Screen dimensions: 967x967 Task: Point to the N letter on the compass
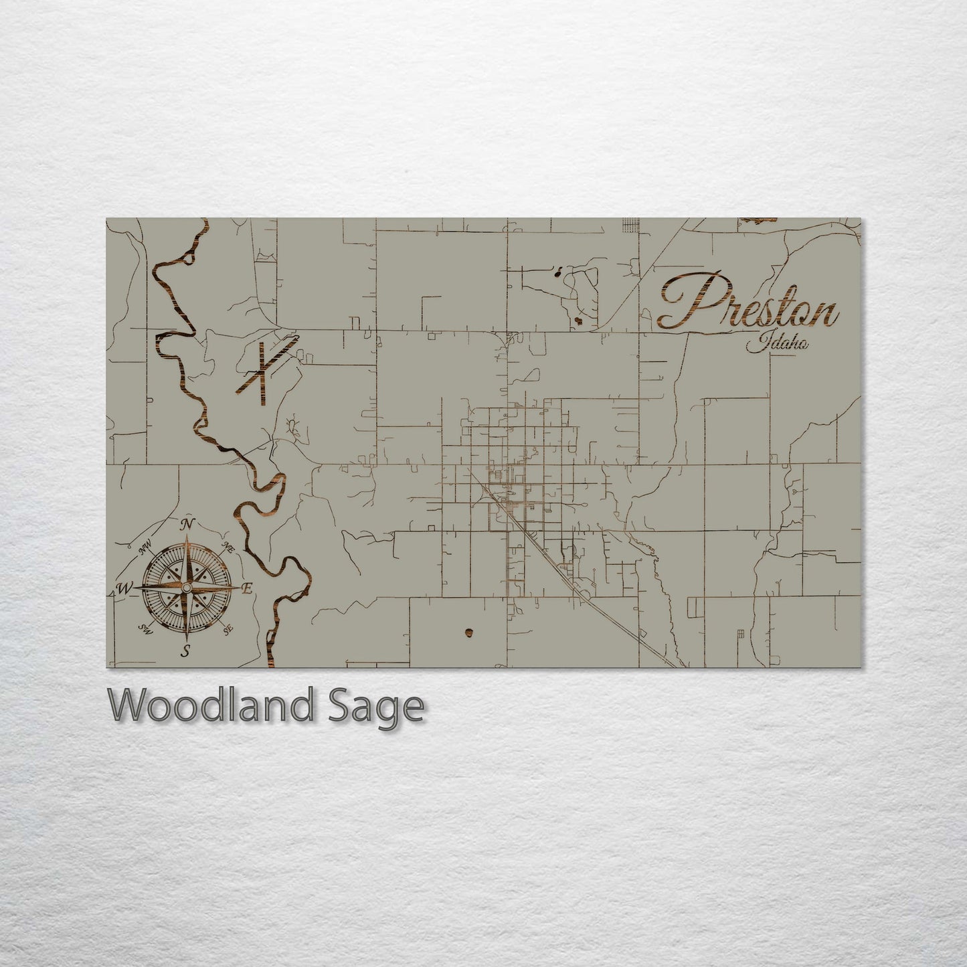tap(189, 523)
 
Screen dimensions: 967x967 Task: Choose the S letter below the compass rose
tap(185, 651)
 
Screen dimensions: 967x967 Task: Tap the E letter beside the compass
tap(246, 589)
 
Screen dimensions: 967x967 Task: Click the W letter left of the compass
tap(124, 589)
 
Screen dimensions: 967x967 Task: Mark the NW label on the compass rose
tap(143, 550)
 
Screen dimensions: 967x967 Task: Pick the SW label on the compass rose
tap(144, 628)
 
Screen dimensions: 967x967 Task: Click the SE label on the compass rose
tap(228, 628)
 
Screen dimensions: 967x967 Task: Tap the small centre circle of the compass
tap(187, 588)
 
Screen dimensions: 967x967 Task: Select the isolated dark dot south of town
tap(468, 632)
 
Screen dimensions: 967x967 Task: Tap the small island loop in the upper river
tap(190, 254)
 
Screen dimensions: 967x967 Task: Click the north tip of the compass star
tap(187, 535)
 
